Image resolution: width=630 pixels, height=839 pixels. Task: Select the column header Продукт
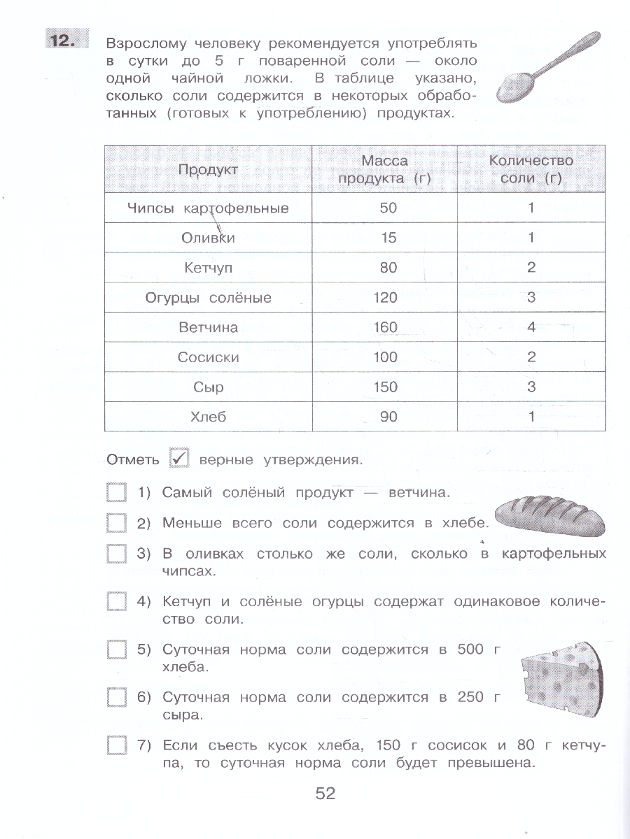pyautogui.click(x=208, y=170)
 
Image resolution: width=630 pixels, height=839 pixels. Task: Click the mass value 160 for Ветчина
pyautogui.click(x=385, y=327)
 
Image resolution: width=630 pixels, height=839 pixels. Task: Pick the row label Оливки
pyautogui.click(x=208, y=238)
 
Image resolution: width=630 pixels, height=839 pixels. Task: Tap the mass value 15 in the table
pyautogui.click(x=388, y=238)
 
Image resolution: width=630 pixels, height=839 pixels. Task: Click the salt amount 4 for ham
pyautogui.click(x=531, y=327)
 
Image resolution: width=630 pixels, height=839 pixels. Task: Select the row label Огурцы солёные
pyautogui.click(x=208, y=298)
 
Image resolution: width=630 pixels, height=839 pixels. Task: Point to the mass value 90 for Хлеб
pyautogui.click(x=388, y=417)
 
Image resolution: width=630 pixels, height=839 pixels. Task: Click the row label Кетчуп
pyautogui.click(x=208, y=268)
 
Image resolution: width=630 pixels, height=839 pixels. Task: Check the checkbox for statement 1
pyautogui.click(x=116, y=493)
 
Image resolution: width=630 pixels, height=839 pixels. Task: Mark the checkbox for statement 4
pyautogui.click(x=116, y=601)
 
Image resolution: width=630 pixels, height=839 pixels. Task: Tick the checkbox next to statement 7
pyautogui.click(x=116, y=745)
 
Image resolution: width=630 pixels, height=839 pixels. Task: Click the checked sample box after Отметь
pyautogui.click(x=180, y=459)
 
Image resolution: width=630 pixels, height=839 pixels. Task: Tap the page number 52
pyautogui.click(x=325, y=794)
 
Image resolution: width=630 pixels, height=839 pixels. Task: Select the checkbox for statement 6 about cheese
pyautogui.click(x=116, y=697)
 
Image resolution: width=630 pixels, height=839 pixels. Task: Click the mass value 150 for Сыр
pyautogui.click(x=385, y=387)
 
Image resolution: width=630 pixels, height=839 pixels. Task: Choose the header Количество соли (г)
pyautogui.click(x=531, y=170)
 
